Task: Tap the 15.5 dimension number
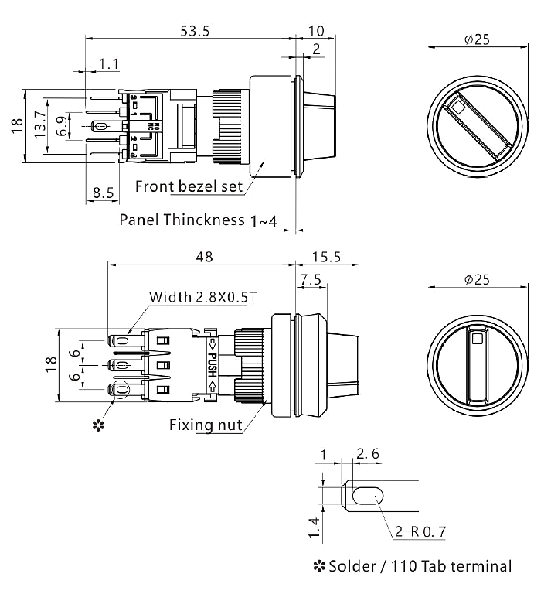tap(328, 257)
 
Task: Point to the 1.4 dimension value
tap(312, 530)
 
